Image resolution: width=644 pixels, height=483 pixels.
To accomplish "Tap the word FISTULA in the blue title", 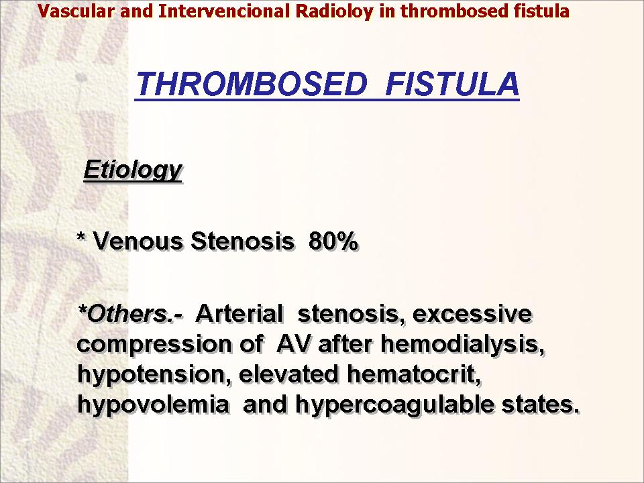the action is point(453,84).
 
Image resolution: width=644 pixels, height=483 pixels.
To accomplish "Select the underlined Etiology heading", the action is point(133,170).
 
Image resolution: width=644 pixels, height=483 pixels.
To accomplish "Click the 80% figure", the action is point(333,241).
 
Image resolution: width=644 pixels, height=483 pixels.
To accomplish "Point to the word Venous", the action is point(138,241).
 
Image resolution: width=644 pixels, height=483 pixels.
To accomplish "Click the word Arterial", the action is point(239,314).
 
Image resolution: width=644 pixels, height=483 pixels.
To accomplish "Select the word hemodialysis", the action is point(463,345).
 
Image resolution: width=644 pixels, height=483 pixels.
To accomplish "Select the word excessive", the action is point(472,314).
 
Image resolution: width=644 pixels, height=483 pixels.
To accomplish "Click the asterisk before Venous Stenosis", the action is point(81,237).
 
